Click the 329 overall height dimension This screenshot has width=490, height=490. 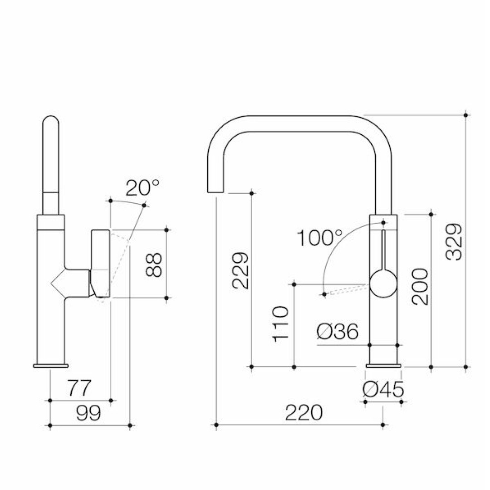coord(454,241)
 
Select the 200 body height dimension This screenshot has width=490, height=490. coord(420,287)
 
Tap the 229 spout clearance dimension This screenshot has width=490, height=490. coord(240,271)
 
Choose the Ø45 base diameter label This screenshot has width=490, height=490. coord(383,389)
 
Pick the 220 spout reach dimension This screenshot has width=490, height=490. coord(304,412)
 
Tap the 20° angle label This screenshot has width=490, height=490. coord(142,187)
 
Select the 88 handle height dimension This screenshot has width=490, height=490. coord(154,265)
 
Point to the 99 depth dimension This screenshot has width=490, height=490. coord(88,413)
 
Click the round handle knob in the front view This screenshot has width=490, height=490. coord(383,284)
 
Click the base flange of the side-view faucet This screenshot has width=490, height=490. coord(50,365)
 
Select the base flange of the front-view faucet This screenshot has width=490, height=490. coord(384,366)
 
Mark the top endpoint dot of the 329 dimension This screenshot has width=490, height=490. coord(466,115)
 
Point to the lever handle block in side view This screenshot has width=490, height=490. coord(100,263)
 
